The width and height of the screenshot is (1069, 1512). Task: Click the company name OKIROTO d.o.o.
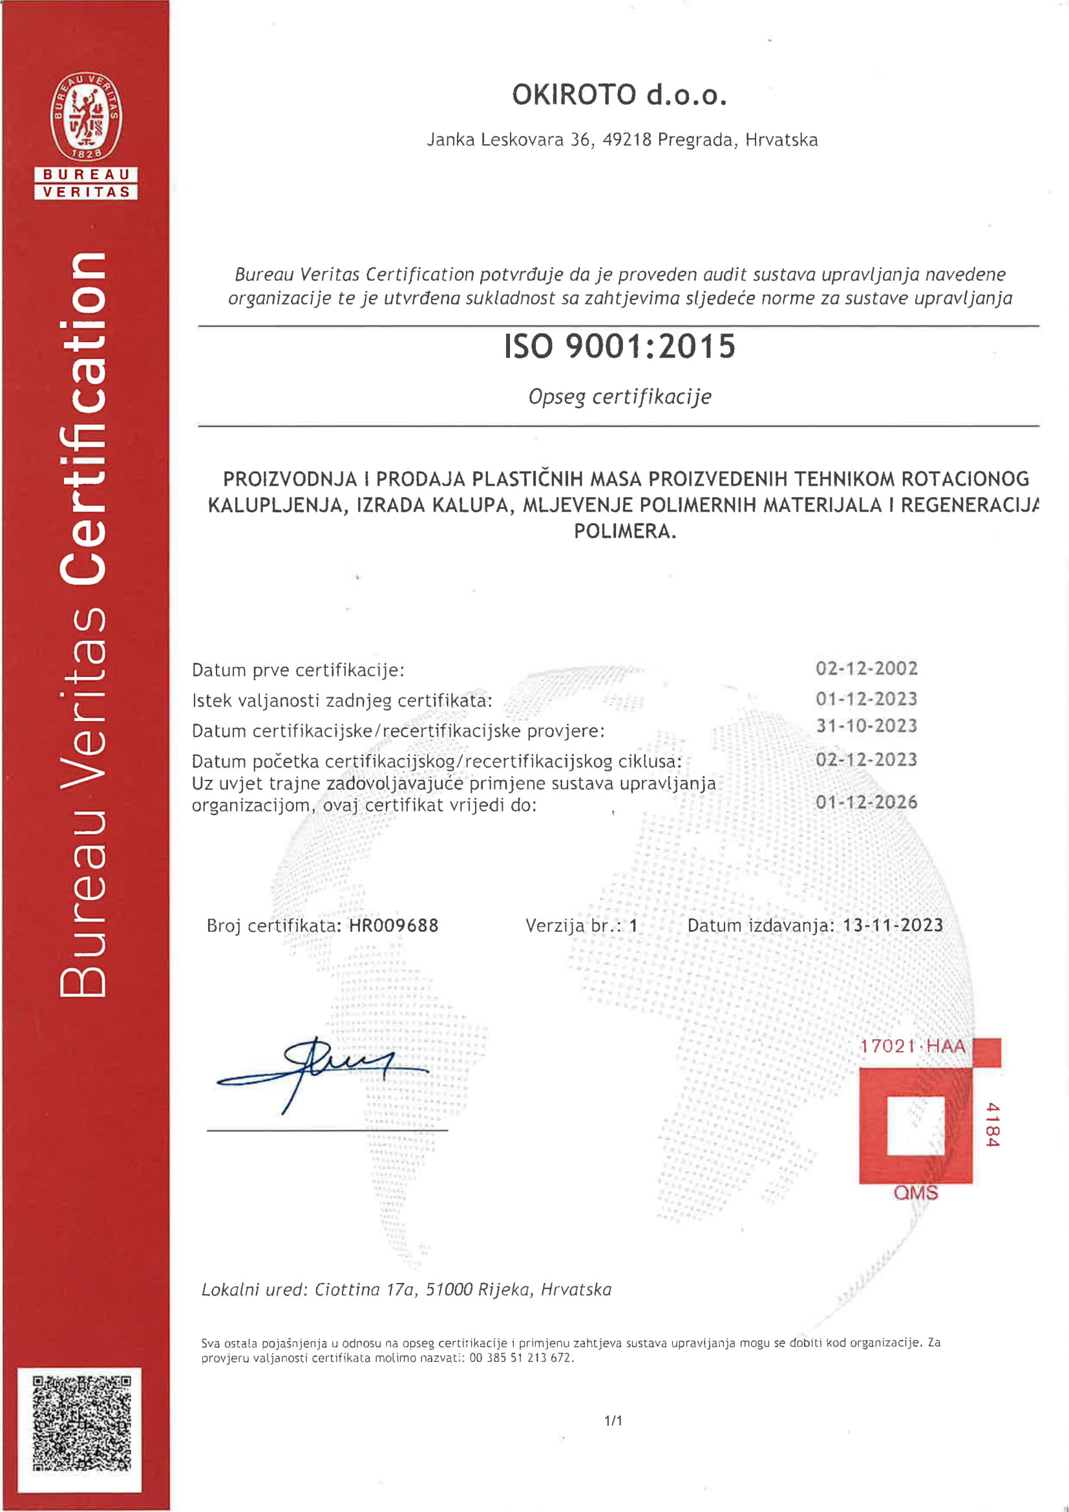[x=619, y=96]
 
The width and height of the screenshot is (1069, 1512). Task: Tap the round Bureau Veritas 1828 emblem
[x=86, y=117]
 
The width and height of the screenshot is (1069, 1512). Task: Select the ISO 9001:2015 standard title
[x=619, y=347]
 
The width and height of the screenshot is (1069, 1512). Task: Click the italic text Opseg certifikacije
[x=619, y=397]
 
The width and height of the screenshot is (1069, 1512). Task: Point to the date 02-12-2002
[x=865, y=669]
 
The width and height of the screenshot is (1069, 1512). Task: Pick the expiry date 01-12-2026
[x=865, y=802]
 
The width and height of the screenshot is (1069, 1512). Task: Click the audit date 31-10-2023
[x=865, y=726]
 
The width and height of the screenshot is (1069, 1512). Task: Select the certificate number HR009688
[x=393, y=926]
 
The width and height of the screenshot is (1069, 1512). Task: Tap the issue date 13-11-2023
[x=892, y=925]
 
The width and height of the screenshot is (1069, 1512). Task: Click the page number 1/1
[x=613, y=1421]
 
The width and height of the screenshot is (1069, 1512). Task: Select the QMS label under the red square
[x=915, y=1193]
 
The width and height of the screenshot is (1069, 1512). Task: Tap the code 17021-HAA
[x=912, y=1046]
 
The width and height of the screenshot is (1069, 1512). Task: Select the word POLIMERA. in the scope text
[x=625, y=531]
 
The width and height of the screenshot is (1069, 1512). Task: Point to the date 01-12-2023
[x=865, y=698]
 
